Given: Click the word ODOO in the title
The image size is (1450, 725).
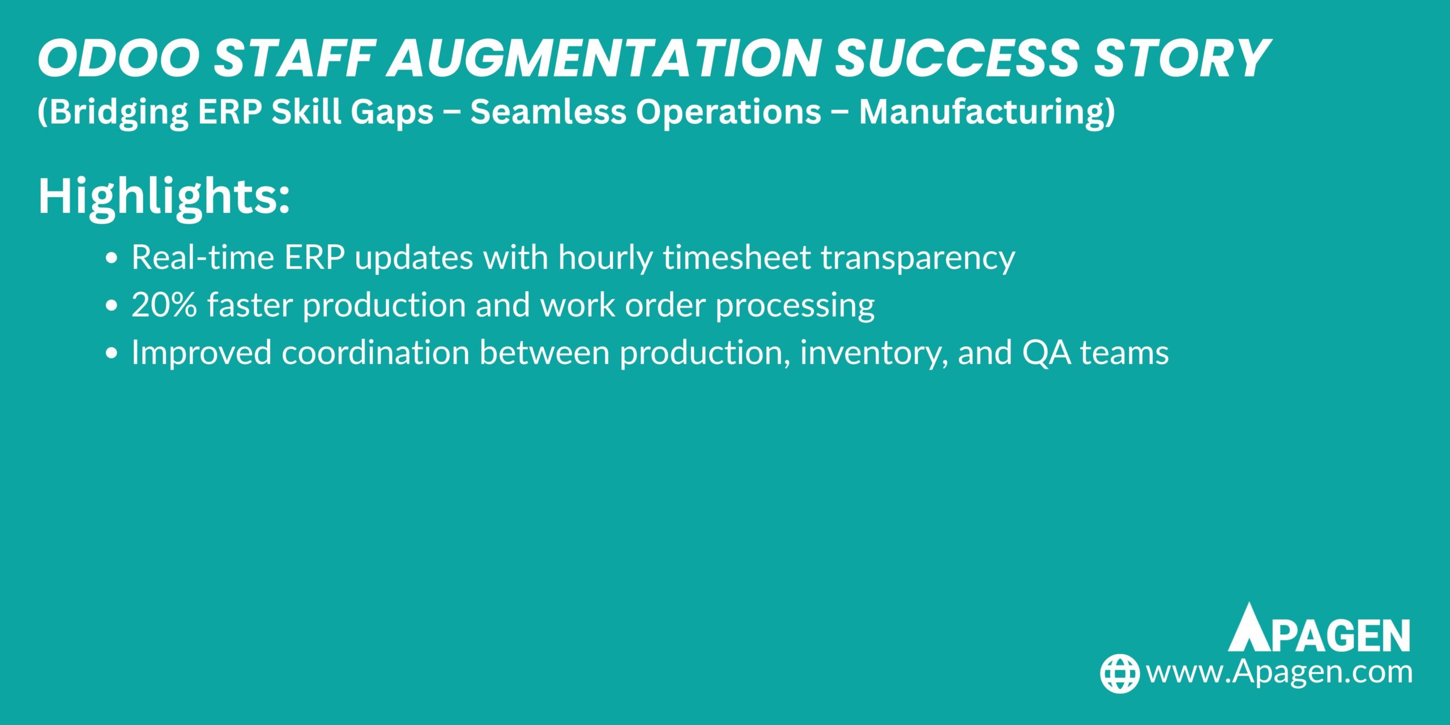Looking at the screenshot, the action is (118, 58).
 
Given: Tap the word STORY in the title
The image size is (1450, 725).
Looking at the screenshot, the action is (1182, 58).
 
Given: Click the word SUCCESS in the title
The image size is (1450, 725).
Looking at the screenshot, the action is (957, 58).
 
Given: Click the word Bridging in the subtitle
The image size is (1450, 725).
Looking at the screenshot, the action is (113, 112).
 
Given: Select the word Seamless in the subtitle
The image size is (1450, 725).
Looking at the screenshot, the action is (548, 111).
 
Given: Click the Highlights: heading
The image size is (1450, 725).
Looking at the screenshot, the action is (164, 197).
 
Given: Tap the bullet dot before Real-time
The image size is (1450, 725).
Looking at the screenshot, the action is (112, 258).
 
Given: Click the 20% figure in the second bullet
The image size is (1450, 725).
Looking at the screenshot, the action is (164, 305).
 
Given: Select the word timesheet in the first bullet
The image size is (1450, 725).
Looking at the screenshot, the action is (737, 257).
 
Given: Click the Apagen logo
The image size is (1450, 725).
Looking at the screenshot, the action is (1319, 628).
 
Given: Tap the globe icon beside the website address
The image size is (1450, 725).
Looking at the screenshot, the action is (1120, 673).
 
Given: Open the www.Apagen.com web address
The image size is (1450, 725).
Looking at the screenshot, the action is (1279, 673).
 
